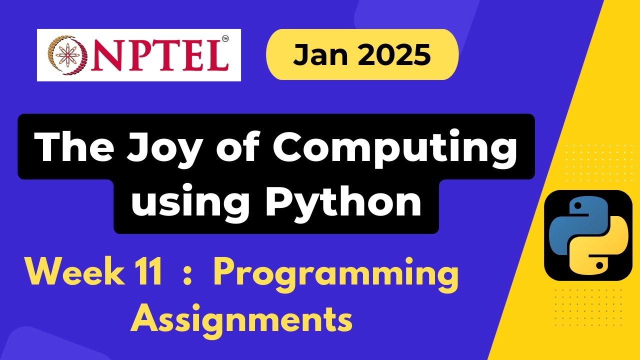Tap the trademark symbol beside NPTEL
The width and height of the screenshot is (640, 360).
click(x=225, y=38)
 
